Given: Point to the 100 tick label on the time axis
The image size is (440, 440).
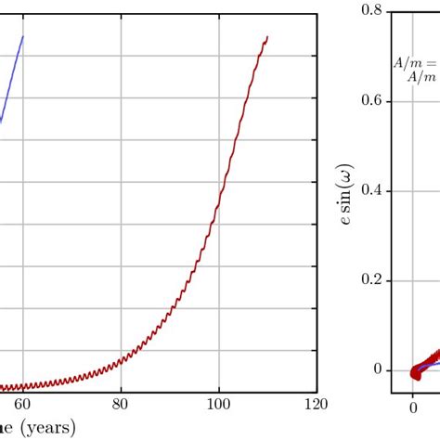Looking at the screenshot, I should (218, 404).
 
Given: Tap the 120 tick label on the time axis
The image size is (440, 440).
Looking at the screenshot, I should (316, 404).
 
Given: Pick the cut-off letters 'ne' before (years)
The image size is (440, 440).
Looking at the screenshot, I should (9, 427).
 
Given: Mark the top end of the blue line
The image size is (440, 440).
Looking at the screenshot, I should (22, 36).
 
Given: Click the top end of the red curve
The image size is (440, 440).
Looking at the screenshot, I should (267, 37).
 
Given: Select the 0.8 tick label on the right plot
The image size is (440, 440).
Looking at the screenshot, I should (372, 11).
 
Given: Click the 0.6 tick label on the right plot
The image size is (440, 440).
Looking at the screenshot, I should (372, 100).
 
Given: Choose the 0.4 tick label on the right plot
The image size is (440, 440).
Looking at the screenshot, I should (372, 190).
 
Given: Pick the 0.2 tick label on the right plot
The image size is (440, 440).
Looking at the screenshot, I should (372, 280).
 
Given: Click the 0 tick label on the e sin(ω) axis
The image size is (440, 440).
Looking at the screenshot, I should (378, 370).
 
